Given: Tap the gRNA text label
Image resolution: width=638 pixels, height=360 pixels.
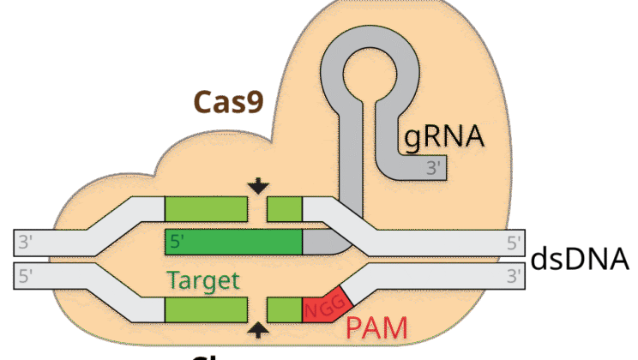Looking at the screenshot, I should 443,136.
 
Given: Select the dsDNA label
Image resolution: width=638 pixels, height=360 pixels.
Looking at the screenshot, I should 583,258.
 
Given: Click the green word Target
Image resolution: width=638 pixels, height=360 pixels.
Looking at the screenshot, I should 203,281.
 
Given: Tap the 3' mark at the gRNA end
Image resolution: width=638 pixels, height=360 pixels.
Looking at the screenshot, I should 436,168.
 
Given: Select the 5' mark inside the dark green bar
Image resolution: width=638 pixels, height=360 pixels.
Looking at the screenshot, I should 178,242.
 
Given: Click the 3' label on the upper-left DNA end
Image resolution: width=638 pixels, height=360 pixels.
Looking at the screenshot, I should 25,242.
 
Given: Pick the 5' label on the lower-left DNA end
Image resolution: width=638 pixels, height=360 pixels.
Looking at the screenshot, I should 25,276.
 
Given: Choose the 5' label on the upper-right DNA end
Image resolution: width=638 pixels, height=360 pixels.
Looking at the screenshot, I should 514,242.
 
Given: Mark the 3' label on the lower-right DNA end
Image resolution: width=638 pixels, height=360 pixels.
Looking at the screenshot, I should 514,276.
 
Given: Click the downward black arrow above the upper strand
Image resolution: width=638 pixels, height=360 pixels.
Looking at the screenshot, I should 258,186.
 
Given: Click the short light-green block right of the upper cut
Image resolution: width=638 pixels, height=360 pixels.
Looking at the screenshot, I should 285,207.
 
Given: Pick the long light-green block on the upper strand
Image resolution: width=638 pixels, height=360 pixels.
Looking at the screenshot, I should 206,207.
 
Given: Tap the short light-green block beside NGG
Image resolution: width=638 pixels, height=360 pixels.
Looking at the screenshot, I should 285,309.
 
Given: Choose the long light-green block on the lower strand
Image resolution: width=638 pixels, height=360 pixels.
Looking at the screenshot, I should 206,309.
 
